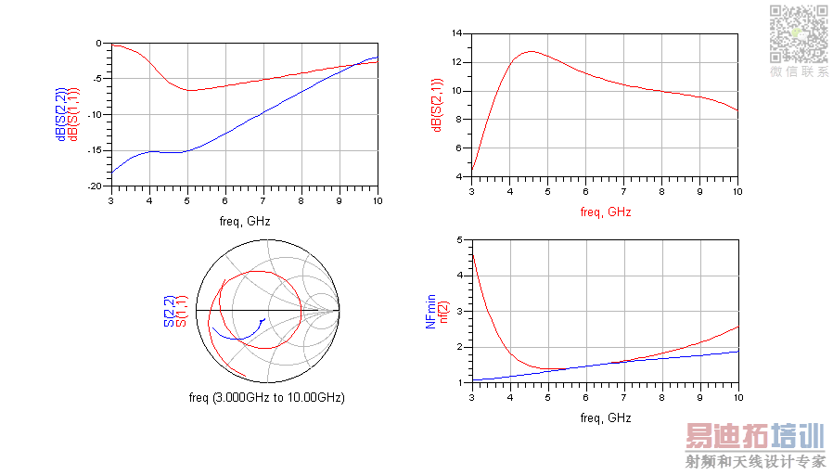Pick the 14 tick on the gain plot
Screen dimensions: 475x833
[455, 33]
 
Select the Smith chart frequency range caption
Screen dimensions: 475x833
[266, 398]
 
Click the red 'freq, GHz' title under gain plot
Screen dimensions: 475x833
[605, 212]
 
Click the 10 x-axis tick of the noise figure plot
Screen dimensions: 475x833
[737, 397]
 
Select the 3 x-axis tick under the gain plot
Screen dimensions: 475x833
[471, 191]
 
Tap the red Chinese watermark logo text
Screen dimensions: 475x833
[754, 436]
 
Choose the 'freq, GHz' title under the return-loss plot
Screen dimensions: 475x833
[244, 222]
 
